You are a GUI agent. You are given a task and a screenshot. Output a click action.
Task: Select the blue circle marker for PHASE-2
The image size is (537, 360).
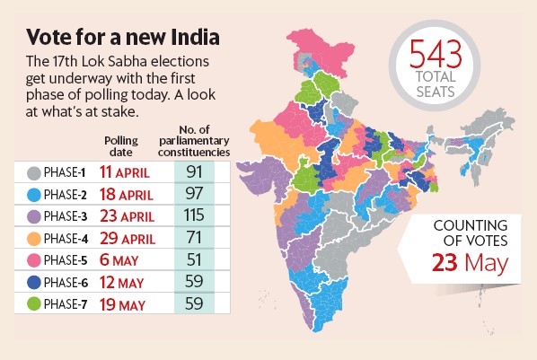click(x=32, y=194)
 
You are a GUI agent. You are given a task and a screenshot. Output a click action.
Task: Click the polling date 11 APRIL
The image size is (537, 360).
click(x=131, y=171)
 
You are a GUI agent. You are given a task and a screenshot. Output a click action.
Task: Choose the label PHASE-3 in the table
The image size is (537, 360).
click(x=70, y=216)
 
